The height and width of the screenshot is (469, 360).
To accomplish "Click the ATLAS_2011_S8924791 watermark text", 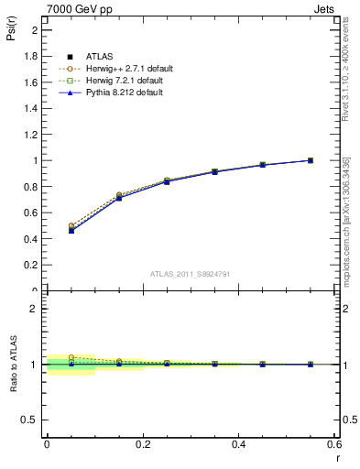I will tap(191, 273).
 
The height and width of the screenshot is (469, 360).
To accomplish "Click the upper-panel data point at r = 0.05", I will tap(71, 230).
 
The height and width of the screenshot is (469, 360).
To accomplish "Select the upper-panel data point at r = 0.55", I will tap(311, 160).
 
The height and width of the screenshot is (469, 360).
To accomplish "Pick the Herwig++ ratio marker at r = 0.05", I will tap(71, 357).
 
